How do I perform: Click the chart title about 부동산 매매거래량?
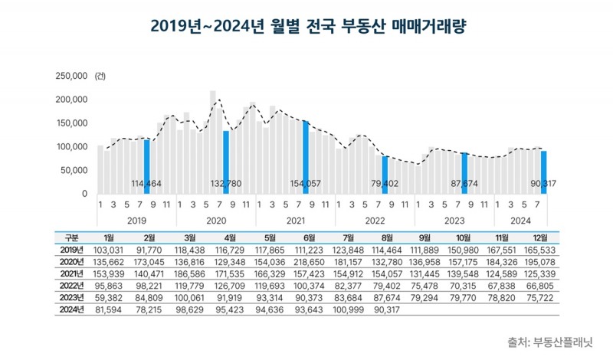coord(306,28)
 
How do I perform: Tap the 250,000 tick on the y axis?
coord(70,76)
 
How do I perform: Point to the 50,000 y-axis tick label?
coord(74,170)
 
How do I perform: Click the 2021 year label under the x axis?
coord(294,219)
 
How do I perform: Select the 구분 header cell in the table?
coord(70,238)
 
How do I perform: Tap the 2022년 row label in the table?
coord(70,284)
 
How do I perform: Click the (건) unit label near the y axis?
coord(100,77)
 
